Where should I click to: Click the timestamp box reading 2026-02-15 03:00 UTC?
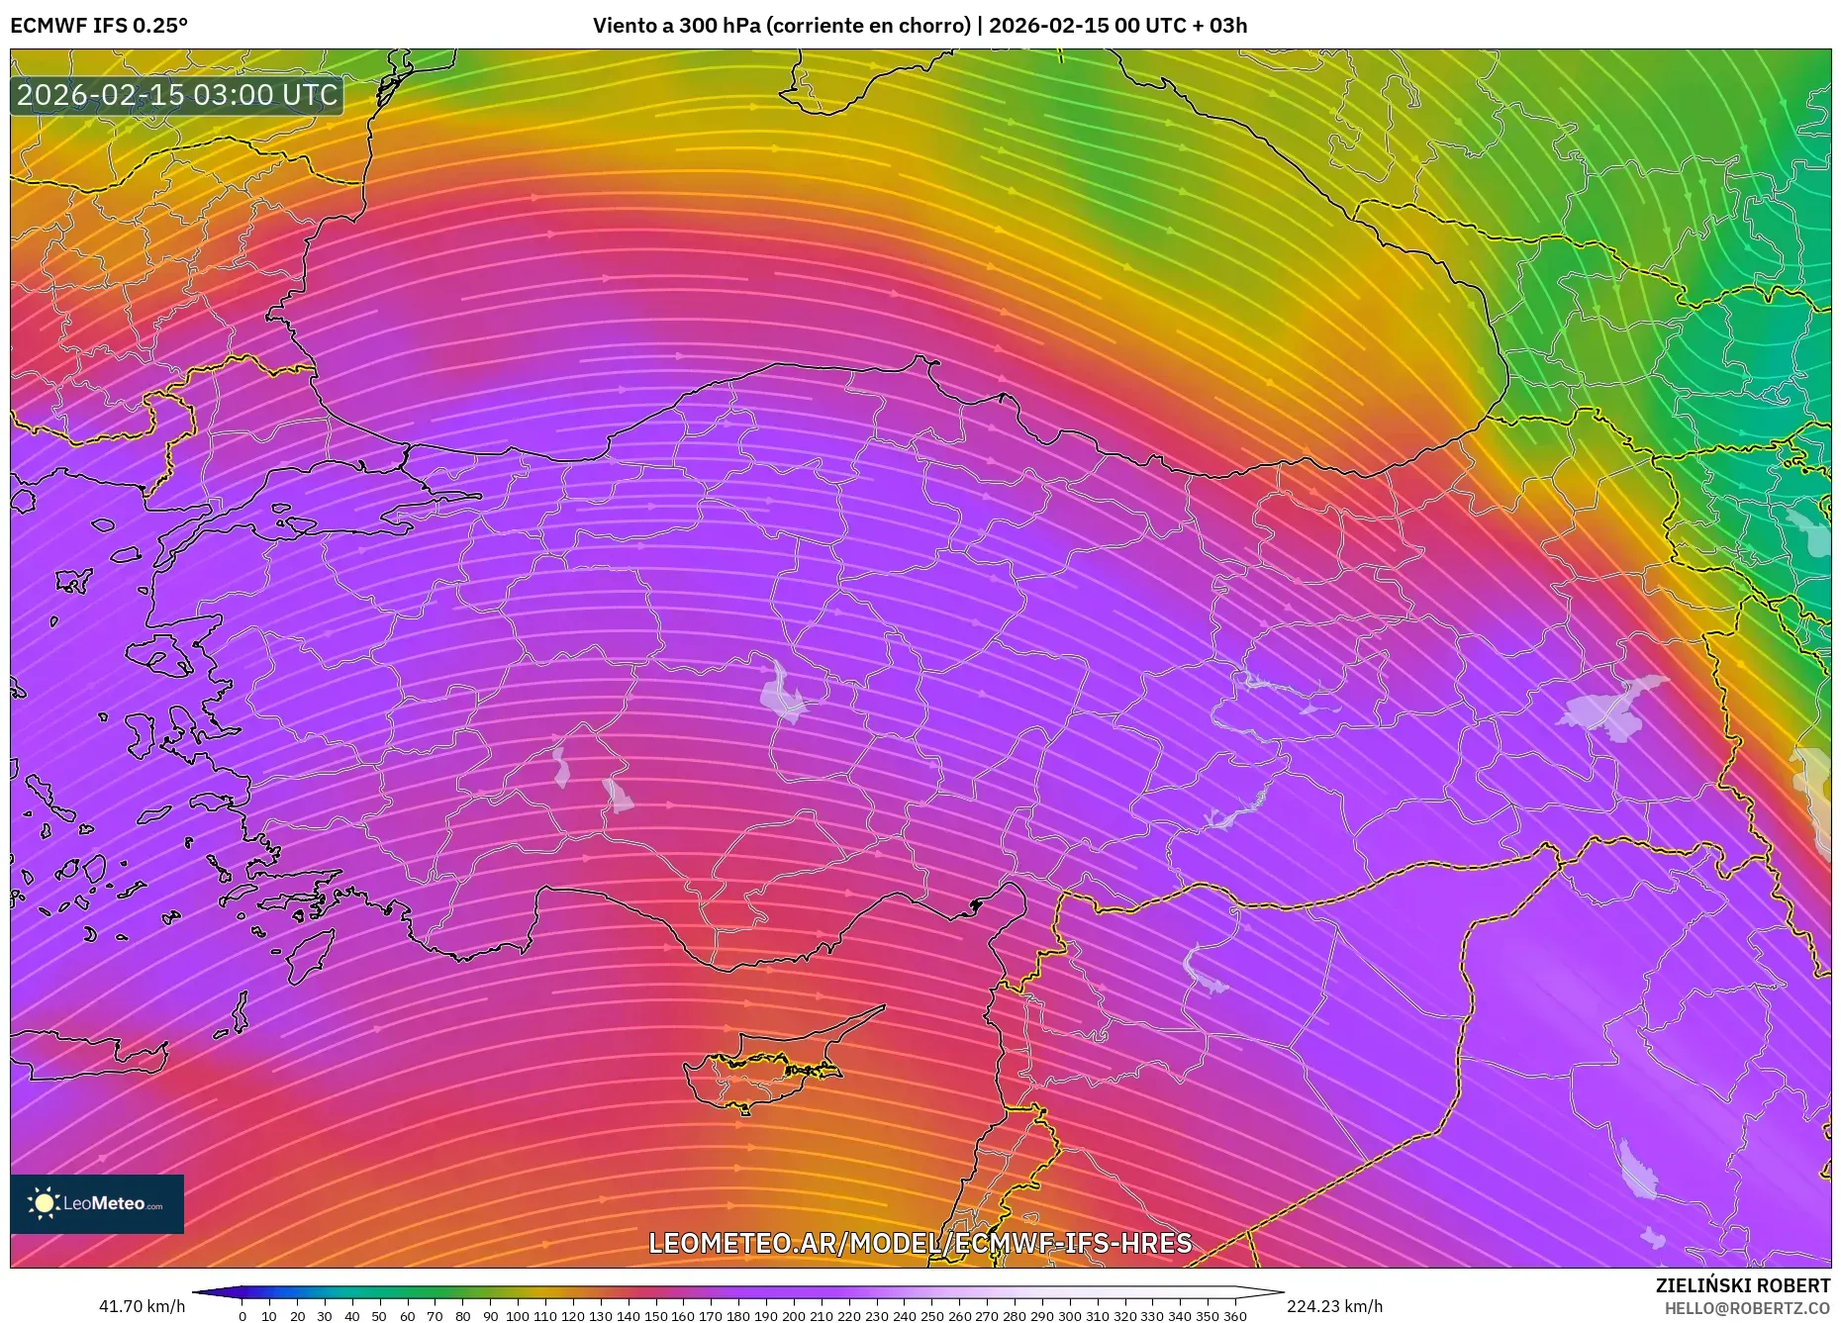click(x=177, y=95)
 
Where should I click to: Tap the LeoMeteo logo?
click(x=97, y=1203)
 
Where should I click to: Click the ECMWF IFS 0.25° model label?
click(x=99, y=26)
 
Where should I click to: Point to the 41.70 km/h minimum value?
click(x=142, y=1306)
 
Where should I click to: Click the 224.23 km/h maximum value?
click(x=1334, y=1306)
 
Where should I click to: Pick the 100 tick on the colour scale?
click(x=517, y=1316)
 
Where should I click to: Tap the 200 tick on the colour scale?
click(x=793, y=1316)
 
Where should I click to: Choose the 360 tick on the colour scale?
click(x=1234, y=1316)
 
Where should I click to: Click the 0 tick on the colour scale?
click(x=242, y=1316)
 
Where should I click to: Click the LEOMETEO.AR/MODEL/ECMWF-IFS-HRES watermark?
click(x=920, y=1243)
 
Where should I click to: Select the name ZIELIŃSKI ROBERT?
click(x=1742, y=1285)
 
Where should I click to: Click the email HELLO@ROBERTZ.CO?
click(x=1747, y=1308)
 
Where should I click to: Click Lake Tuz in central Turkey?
click(x=782, y=693)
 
